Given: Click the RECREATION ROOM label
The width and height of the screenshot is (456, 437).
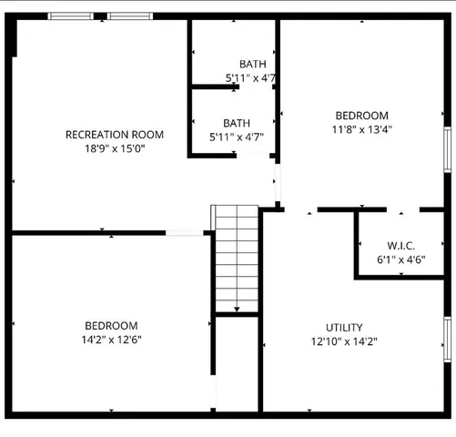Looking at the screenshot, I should [x=115, y=135].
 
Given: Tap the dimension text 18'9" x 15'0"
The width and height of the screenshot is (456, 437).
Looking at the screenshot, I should [x=115, y=147].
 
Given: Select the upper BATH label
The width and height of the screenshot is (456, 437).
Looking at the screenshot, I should [x=252, y=64].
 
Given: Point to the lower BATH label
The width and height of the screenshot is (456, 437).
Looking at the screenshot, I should [x=237, y=123].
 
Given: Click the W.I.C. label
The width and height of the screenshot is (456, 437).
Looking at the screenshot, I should [x=400, y=246].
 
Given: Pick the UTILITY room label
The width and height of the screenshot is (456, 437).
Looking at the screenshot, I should [x=344, y=328].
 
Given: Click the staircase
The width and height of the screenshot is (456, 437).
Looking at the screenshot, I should [x=238, y=259].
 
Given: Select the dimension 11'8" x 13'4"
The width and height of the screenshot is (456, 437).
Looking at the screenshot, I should [x=361, y=129].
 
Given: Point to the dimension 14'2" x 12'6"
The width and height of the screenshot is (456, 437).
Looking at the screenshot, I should [x=111, y=340].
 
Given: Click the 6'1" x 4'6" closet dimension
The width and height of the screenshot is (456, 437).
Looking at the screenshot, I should [x=400, y=259].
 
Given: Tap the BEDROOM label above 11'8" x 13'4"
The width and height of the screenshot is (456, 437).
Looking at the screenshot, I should [x=361, y=116].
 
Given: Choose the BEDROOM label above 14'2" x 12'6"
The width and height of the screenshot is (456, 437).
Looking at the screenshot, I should [x=111, y=326].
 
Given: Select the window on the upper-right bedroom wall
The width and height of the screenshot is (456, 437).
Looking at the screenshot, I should [x=447, y=147].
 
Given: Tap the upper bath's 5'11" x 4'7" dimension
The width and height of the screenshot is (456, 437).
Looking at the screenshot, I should [x=250, y=78].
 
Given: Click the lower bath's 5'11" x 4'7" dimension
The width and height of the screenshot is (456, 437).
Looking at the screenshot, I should [x=237, y=137].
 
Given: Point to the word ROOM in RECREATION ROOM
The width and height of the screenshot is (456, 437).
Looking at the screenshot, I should [x=147, y=135].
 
